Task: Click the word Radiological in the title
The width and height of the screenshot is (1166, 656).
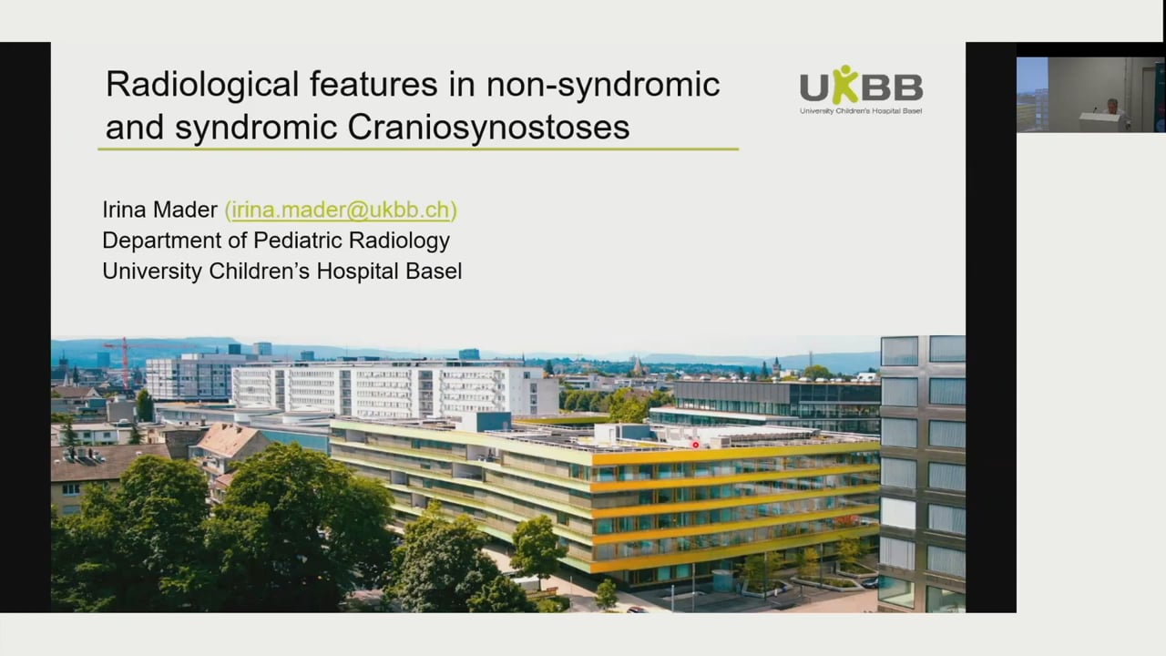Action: (202, 85)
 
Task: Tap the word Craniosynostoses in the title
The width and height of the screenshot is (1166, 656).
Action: (488, 127)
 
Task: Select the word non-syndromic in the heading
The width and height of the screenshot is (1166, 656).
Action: (603, 85)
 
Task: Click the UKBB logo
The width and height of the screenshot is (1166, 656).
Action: (861, 89)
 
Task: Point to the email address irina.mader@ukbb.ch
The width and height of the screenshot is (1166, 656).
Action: (341, 210)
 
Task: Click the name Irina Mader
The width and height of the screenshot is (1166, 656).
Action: (160, 210)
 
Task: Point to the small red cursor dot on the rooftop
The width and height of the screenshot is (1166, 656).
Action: (695, 445)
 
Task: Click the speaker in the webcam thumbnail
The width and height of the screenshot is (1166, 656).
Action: (1111, 107)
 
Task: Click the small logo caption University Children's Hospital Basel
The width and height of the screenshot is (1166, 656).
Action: (861, 111)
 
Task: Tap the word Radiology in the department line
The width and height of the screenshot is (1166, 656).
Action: (408, 241)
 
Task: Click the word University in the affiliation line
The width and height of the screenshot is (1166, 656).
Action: (152, 271)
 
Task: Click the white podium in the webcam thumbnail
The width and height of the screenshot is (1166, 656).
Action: (1100, 122)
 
